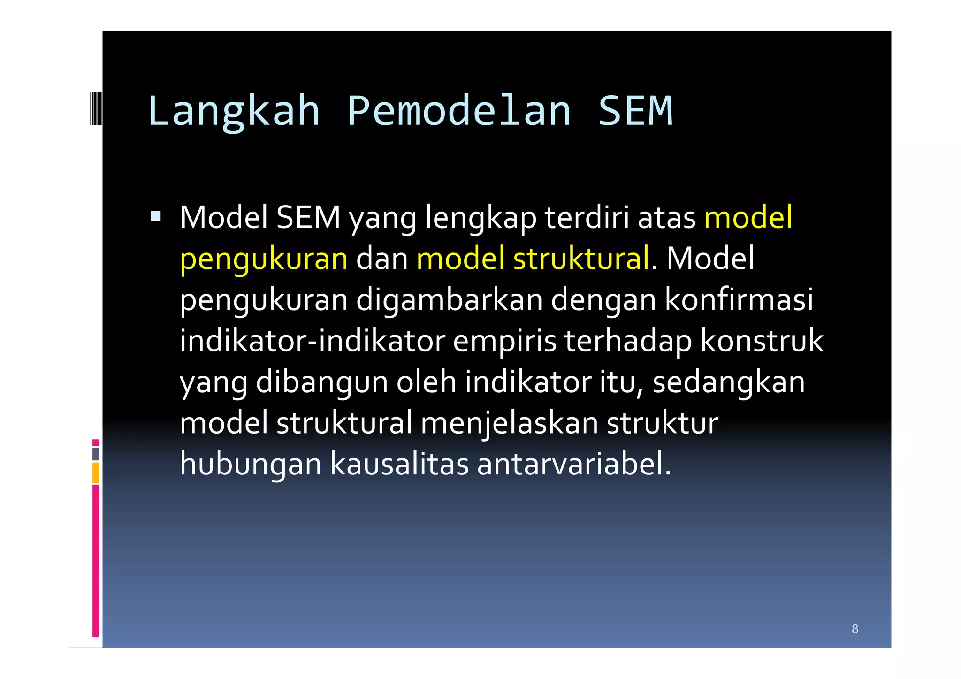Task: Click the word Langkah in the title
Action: [x=233, y=111]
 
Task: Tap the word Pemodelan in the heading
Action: [x=459, y=111]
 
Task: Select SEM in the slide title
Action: [x=635, y=111]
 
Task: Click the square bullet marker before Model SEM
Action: [x=156, y=216]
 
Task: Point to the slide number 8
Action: [x=854, y=629]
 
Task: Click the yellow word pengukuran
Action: [x=264, y=259]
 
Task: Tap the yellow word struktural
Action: [x=581, y=259]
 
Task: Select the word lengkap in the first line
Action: [x=480, y=218]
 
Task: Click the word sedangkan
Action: [x=728, y=381]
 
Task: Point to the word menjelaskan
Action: [x=509, y=423]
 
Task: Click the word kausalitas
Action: [x=399, y=464]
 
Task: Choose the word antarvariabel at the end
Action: [x=573, y=464]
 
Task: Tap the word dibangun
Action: [x=322, y=381]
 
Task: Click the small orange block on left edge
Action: [x=96, y=473]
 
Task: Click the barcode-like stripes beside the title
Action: [x=95, y=109]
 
